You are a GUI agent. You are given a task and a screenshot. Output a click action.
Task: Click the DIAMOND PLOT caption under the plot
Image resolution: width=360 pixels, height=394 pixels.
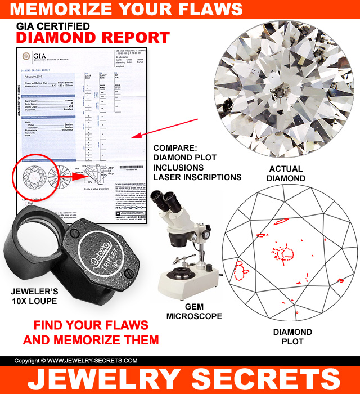pyautogui.click(x=292, y=337)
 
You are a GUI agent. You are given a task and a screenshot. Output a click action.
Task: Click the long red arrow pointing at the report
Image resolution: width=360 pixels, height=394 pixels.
pyautogui.click(x=169, y=129)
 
